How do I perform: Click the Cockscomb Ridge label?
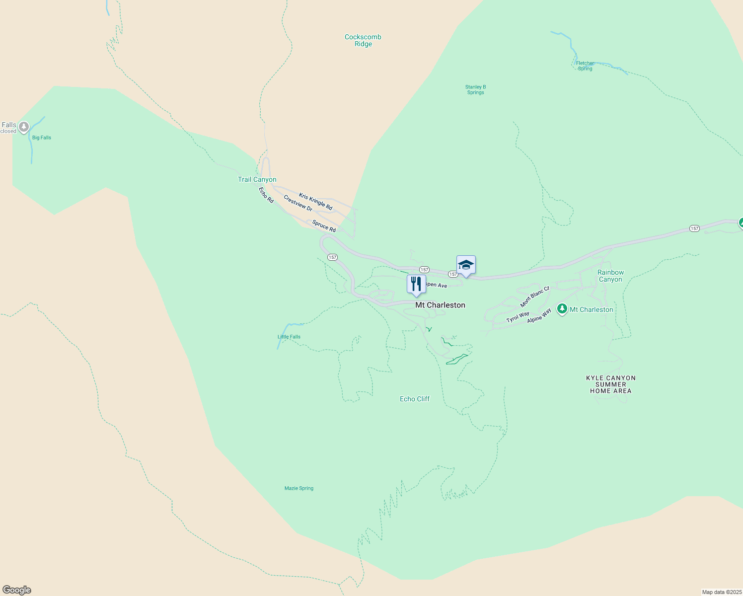pos(363,40)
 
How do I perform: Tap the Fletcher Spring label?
pos(585,66)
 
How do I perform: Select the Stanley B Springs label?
pos(475,90)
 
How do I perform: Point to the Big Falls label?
pos(42,138)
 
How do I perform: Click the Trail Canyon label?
pos(257,179)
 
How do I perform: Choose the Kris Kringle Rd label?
pos(315,201)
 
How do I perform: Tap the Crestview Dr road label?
pos(298,203)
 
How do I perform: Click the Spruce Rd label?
pos(324,226)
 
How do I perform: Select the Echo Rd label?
pos(266,195)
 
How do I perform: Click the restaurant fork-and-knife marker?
pos(416,284)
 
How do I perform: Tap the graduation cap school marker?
pos(466,265)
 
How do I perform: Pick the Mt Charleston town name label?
pos(440,305)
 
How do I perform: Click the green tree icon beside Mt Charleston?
pos(562,309)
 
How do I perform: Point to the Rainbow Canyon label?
pos(610,276)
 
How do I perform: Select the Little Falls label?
pos(289,337)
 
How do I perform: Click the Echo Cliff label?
pos(415,399)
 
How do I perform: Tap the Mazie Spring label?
pos(299,488)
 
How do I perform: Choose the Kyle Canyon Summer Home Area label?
pos(611,384)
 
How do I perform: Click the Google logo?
pos(17,590)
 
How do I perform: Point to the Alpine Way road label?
pos(539,316)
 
